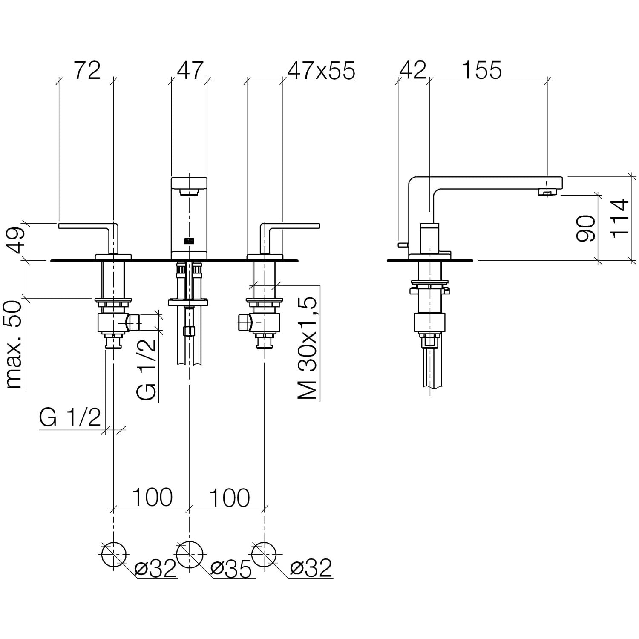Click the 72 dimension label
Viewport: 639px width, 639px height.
tap(88, 70)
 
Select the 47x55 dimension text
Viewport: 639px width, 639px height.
tap(321, 70)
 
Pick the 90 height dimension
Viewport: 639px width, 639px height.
tap(586, 228)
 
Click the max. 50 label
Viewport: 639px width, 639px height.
tap(14, 344)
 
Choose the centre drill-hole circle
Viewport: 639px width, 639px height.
tap(189, 554)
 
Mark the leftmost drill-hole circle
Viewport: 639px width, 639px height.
tap(114, 554)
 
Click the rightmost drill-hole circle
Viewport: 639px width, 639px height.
tap(264, 554)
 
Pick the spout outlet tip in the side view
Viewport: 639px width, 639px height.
tap(547, 193)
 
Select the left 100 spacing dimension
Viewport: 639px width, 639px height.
tap(152, 497)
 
